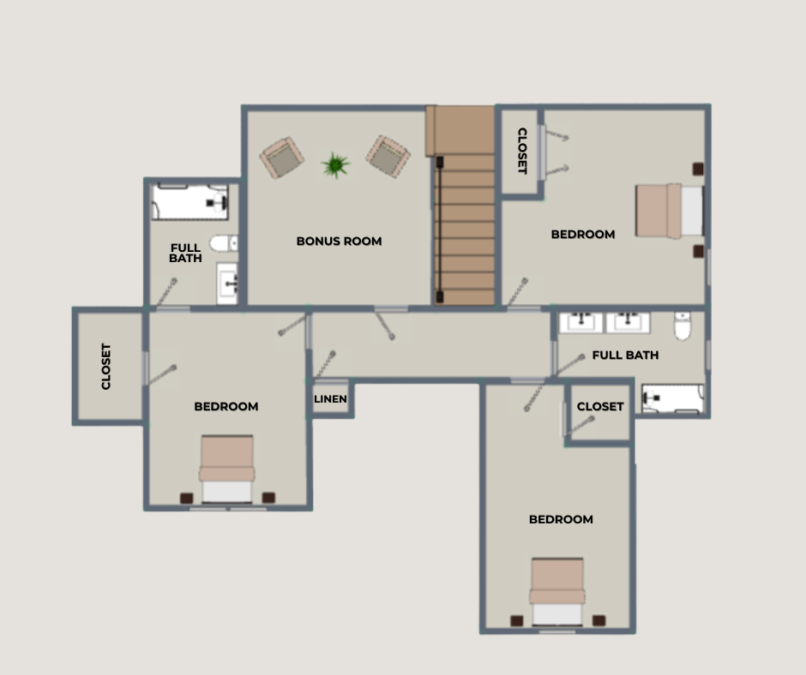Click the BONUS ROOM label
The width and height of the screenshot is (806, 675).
339,241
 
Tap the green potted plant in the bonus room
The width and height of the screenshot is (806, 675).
335,165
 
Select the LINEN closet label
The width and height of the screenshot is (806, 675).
330,398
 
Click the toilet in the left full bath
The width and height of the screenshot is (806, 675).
224,243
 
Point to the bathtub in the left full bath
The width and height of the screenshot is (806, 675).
190,201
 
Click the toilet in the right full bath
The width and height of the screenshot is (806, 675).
683,326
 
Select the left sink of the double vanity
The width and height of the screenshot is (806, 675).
580,322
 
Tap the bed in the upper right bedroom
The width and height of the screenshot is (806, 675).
670,211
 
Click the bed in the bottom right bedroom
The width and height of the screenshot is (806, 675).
557,591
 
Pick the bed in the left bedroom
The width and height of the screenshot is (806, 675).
226,469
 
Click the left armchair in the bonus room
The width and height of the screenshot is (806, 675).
282,158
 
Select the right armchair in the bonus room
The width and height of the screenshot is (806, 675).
388,157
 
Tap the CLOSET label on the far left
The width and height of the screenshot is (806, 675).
105,367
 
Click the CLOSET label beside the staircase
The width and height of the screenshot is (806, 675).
521,151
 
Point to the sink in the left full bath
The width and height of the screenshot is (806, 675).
226,283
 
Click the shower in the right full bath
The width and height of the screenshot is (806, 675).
673,398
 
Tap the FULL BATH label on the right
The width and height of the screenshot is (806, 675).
625,355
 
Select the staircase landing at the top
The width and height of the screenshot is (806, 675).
460,130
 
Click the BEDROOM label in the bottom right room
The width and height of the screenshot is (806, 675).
561,519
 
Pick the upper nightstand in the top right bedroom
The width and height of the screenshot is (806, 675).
698,169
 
